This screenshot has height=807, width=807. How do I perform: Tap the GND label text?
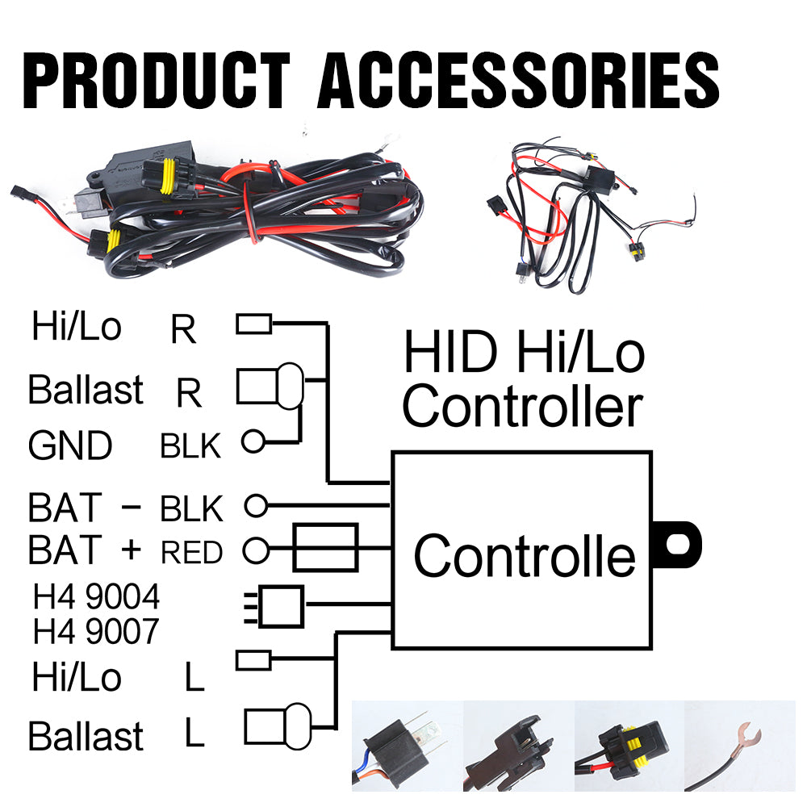pos(70,445)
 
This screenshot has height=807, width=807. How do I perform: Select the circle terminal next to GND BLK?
pos(253,441)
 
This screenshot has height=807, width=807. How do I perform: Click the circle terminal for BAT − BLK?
pos(256,506)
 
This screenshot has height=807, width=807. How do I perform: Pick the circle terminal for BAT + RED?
pos(256,550)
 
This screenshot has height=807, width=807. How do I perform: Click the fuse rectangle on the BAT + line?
pos(325,549)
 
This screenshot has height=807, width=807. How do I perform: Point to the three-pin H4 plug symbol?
pos(276,604)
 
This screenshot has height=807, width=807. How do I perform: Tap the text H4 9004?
pos(96,598)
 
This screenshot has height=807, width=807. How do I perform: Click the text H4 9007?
pos(96,632)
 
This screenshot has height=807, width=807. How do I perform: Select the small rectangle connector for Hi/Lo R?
pos(253,324)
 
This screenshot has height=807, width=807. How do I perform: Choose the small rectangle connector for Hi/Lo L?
pos(253,660)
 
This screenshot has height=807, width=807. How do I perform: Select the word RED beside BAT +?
pos(191,552)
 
